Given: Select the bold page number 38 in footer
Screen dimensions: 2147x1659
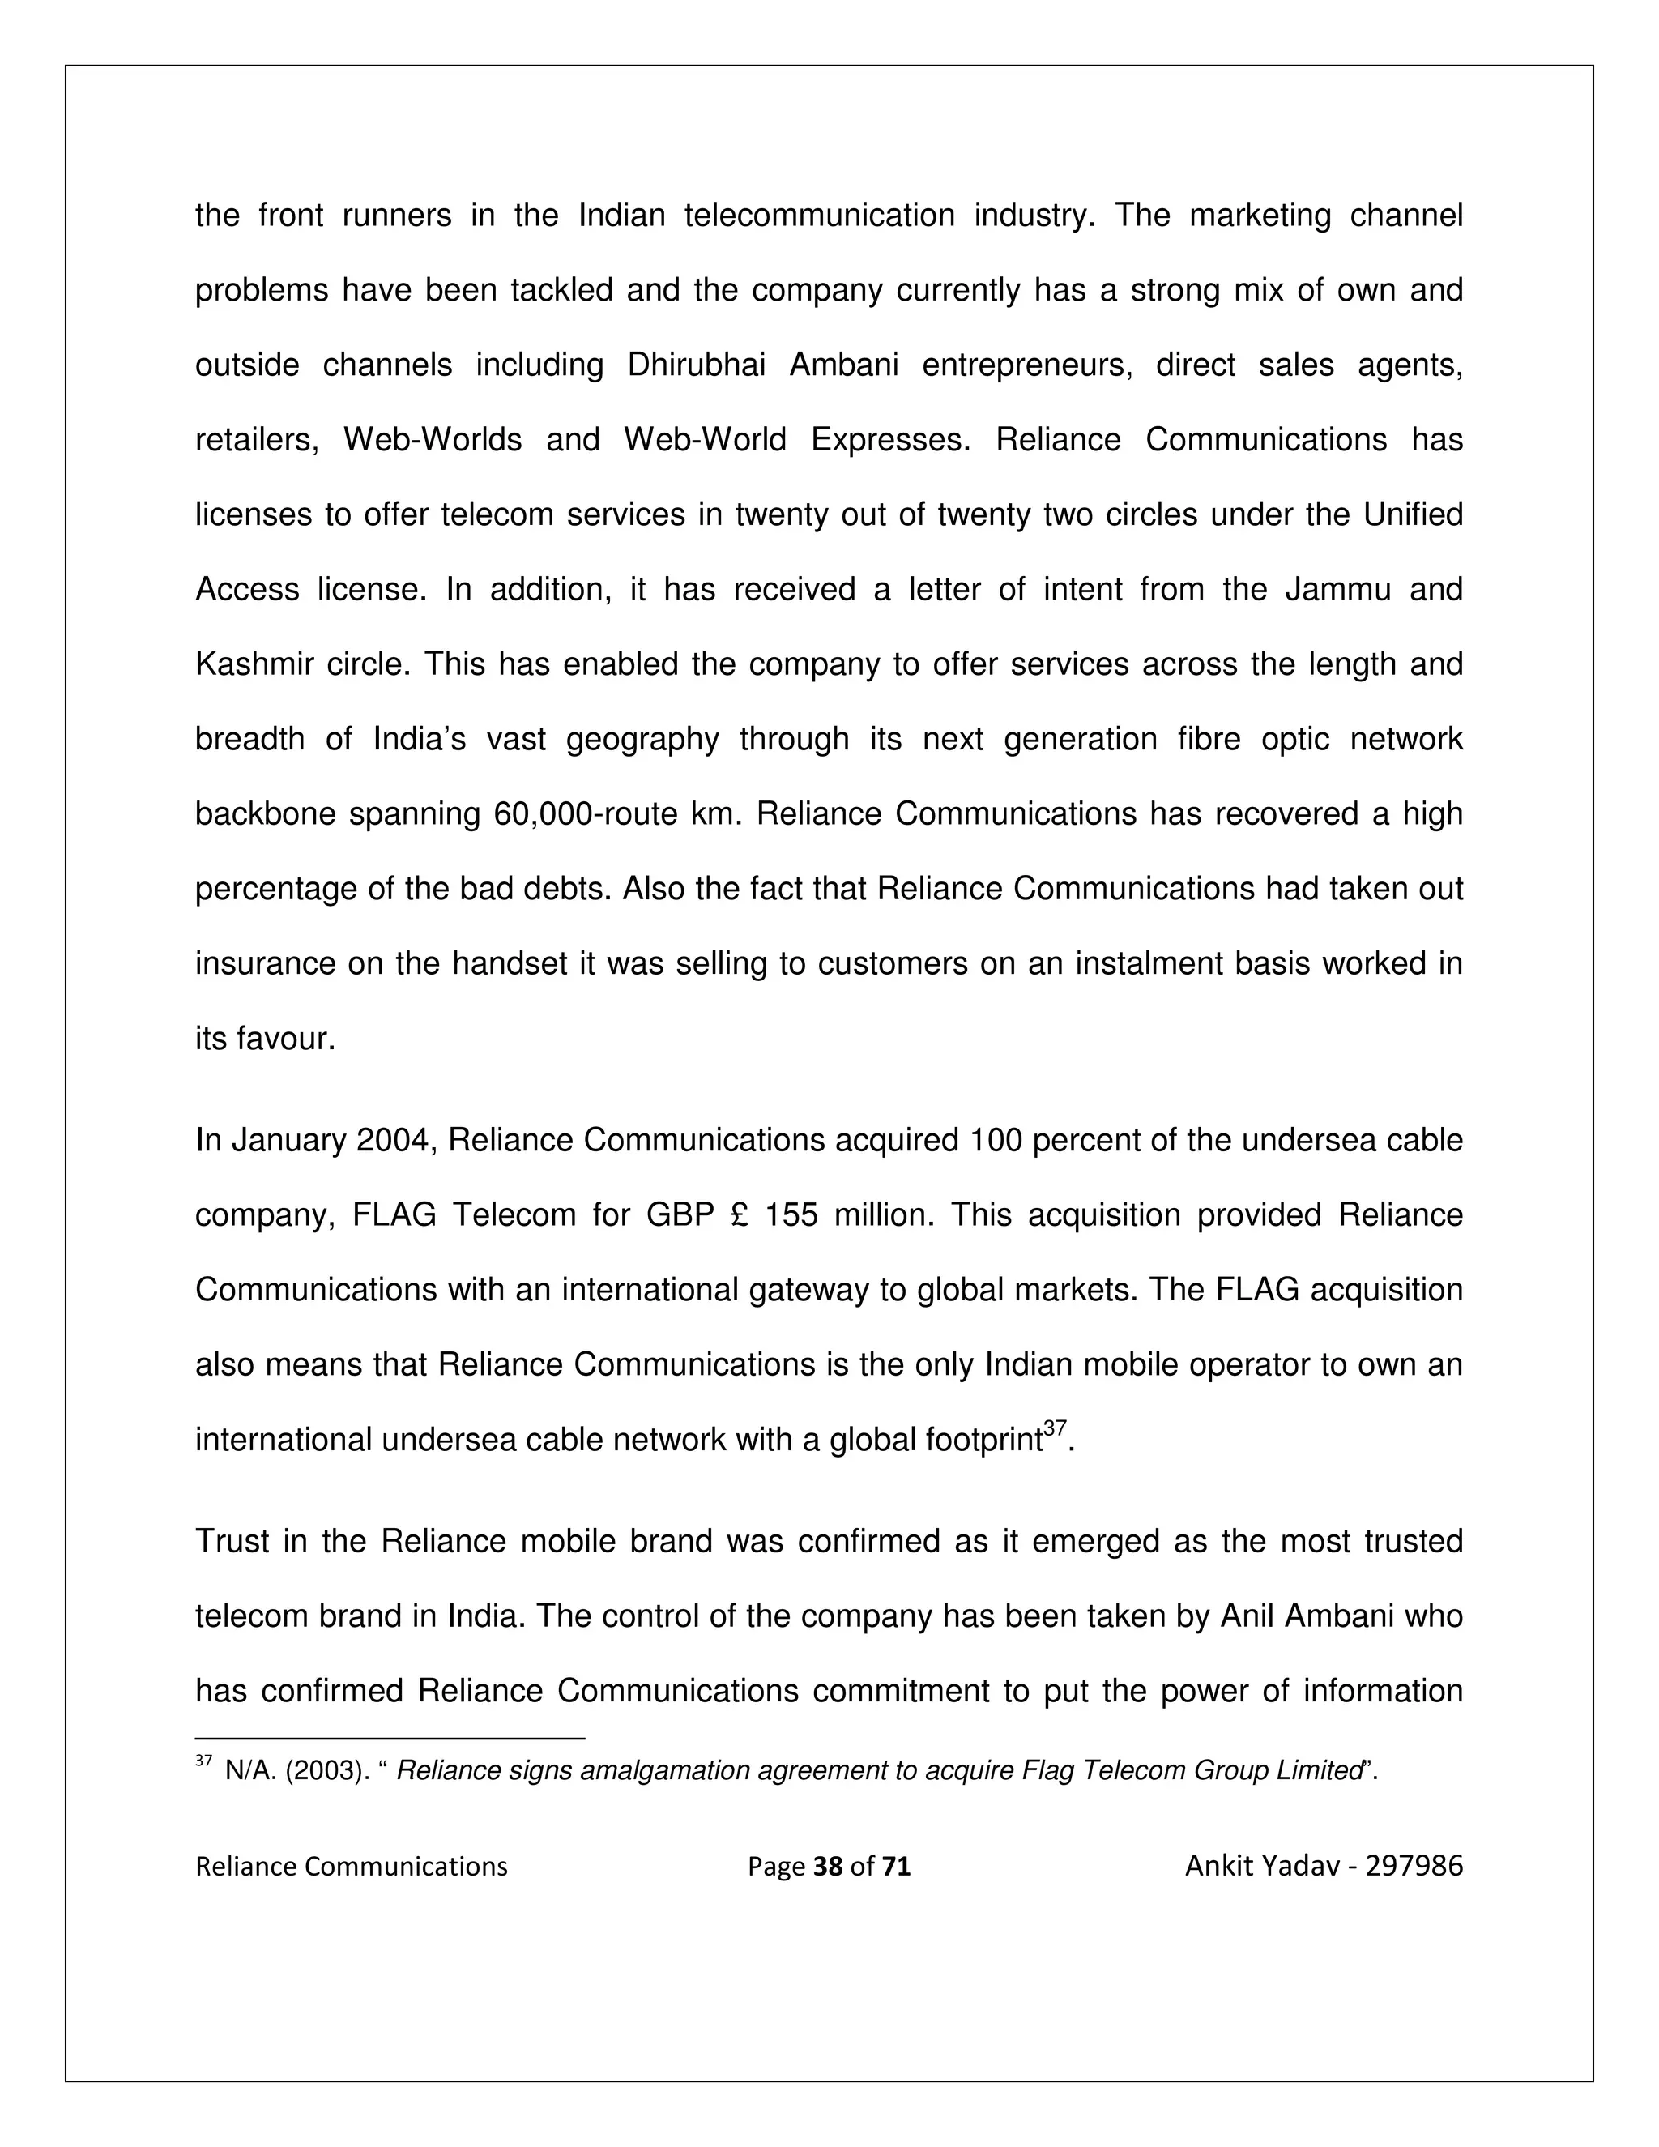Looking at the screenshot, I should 829,1867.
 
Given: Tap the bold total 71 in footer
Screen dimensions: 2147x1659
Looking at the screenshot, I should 897,1867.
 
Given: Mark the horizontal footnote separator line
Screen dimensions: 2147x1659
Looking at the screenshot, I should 390,1739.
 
